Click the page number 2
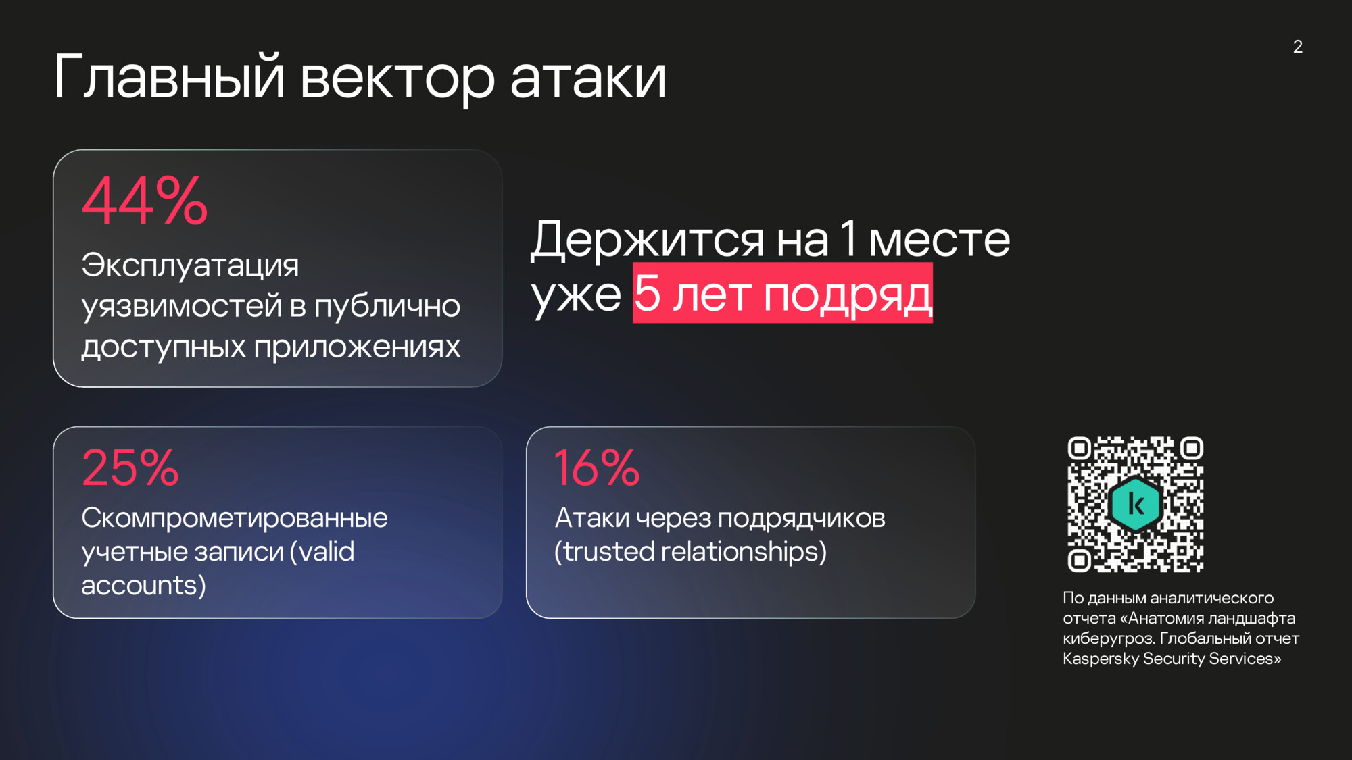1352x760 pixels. [1298, 47]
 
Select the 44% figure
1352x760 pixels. [145, 201]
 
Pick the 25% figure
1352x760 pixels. [130, 467]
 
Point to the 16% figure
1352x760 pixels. [597, 467]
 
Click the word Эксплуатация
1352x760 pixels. [190, 265]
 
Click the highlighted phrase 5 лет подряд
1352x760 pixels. [783, 293]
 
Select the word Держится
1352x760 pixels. [647, 240]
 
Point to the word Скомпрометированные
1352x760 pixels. [235, 518]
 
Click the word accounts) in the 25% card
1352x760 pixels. [144, 586]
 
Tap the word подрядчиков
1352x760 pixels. [801, 519]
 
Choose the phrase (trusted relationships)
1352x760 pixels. [690, 552]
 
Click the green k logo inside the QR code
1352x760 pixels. [1136, 504]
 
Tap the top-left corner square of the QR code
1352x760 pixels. [1080, 448]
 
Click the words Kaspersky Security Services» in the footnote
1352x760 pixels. [1172, 659]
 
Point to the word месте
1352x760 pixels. [939, 240]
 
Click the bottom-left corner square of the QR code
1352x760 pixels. [1080, 561]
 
